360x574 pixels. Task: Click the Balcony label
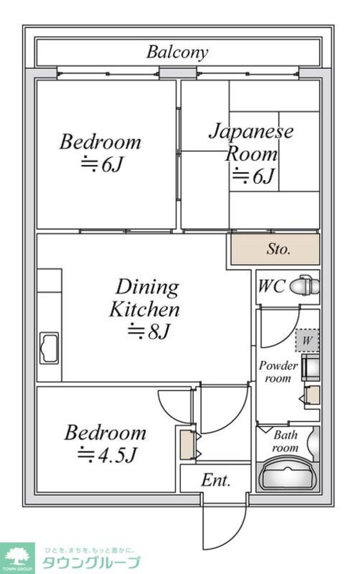click(177, 52)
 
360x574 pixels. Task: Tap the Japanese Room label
click(251, 142)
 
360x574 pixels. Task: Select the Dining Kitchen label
click(145, 298)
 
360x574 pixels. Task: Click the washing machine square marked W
click(307, 341)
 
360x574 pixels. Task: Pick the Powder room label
click(278, 372)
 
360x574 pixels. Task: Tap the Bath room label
click(286, 441)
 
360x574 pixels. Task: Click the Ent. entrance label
click(216, 480)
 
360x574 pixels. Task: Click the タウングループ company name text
click(91, 563)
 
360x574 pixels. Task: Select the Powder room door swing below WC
click(278, 328)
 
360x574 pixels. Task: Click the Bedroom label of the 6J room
click(100, 142)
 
